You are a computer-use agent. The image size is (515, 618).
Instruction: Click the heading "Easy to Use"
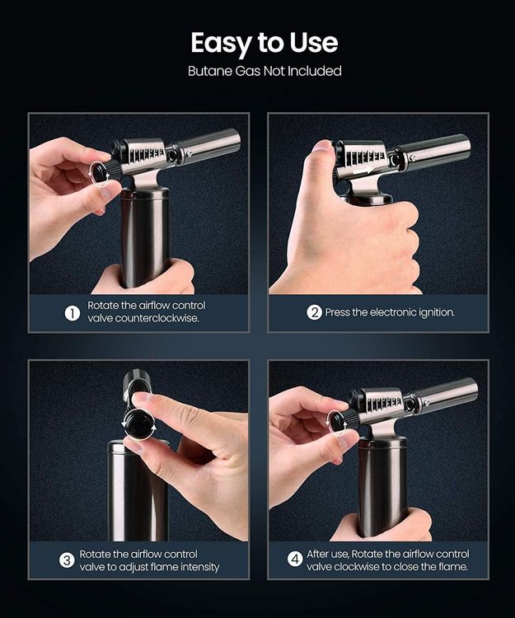[265, 43]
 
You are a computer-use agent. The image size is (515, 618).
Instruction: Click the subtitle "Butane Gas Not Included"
[265, 71]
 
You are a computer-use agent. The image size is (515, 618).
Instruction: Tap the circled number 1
[73, 314]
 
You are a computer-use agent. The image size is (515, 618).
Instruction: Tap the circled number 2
[314, 312]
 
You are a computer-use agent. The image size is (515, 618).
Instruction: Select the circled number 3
[67, 560]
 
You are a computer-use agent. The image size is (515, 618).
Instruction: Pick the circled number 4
[294, 559]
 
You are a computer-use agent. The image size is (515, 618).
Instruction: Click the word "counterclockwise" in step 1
[143, 318]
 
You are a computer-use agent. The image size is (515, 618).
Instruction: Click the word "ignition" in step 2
[437, 312]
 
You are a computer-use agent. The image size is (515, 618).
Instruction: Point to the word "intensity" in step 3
[199, 567]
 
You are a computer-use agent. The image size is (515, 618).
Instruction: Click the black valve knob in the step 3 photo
[138, 424]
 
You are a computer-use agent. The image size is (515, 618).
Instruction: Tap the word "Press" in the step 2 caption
[337, 312]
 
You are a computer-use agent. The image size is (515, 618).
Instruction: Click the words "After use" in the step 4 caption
[327, 555]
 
